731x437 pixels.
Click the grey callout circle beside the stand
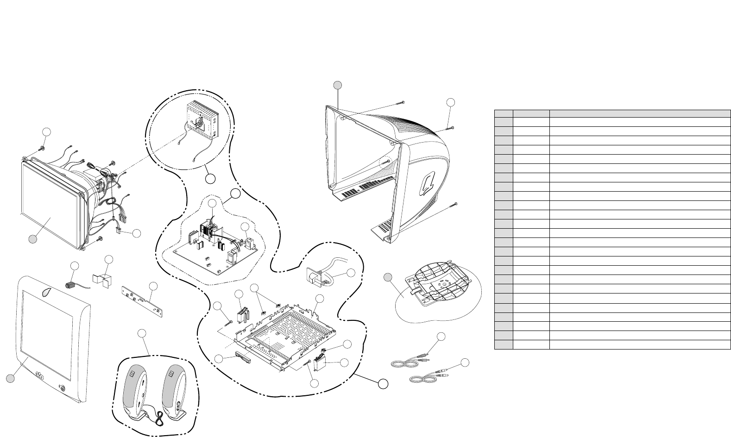tap(388, 277)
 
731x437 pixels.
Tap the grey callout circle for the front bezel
tap(9, 379)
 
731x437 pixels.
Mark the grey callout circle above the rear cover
tap(338, 84)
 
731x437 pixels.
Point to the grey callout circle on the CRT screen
tap(32, 239)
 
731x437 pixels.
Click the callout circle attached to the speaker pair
tap(143, 333)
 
